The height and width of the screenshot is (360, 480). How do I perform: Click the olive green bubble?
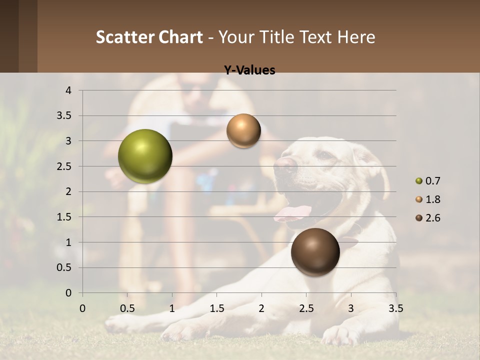click(145, 156)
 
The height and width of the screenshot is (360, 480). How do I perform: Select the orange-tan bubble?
click(243, 130)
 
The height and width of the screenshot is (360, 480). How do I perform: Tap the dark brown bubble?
click(315, 252)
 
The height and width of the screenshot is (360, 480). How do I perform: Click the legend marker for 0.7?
click(418, 181)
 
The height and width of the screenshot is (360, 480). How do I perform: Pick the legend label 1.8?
click(432, 199)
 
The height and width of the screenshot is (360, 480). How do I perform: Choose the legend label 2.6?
click(432, 218)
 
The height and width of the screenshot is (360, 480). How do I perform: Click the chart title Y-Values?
click(249, 70)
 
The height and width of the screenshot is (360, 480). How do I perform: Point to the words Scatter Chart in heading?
click(149, 37)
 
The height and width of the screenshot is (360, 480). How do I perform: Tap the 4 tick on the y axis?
click(68, 90)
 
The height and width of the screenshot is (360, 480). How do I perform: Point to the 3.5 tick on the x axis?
click(395, 308)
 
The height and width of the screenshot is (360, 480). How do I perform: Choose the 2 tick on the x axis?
click(261, 308)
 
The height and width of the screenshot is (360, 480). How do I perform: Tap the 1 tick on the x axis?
click(172, 308)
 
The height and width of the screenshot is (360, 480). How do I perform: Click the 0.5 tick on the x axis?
click(127, 308)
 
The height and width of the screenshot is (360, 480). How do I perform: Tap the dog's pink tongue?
click(292, 213)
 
